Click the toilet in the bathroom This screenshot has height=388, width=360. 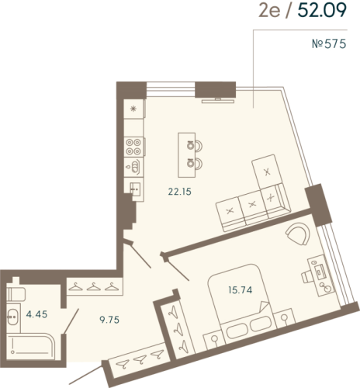coord(16,294)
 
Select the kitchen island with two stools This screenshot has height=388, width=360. coord(186,153)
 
